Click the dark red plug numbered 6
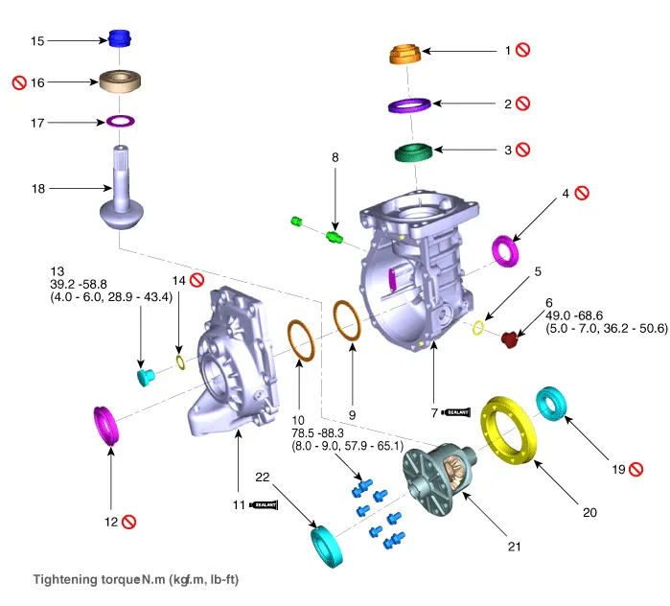click(509, 338)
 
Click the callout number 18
click(37, 189)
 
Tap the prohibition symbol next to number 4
click(582, 192)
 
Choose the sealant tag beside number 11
click(263, 503)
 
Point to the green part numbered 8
click(336, 236)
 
